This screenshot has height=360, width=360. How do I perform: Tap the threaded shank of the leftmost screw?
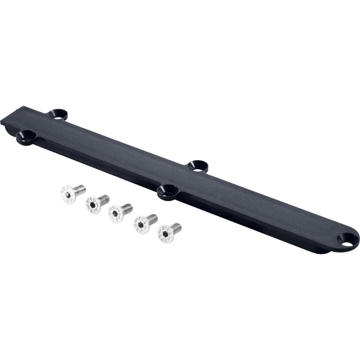[x=79, y=188]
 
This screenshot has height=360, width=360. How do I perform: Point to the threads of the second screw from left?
[x=103, y=197]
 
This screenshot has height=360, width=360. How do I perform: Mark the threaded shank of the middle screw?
[x=126, y=208]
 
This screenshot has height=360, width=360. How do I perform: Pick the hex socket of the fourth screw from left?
[x=139, y=224]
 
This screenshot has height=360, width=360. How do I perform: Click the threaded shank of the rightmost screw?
[x=175, y=227]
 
